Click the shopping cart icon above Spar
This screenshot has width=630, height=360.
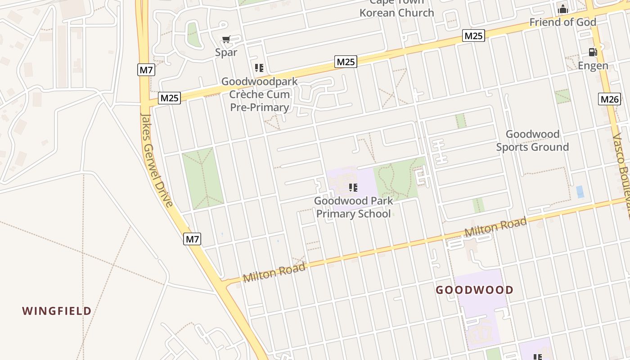(226, 40)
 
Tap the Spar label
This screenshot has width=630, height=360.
(226, 52)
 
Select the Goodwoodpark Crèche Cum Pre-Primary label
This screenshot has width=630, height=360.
(259, 94)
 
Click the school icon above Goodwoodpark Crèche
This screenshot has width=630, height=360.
(259, 68)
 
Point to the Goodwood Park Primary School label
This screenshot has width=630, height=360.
(353, 207)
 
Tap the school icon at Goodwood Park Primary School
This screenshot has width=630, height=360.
(353, 187)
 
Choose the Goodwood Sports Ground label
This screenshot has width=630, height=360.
(532, 140)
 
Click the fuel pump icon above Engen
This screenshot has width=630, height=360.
(593, 52)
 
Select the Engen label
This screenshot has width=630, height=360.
(593, 66)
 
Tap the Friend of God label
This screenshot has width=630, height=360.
(562, 22)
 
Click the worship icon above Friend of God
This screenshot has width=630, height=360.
(562, 9)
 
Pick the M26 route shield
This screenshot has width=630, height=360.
(609, 99)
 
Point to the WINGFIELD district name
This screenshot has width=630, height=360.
(57, 310)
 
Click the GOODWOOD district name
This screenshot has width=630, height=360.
(474, 290)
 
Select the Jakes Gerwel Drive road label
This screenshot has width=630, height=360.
(156, 160)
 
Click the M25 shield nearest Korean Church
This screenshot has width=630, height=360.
(473, 36)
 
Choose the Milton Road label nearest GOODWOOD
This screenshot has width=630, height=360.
(495, 227)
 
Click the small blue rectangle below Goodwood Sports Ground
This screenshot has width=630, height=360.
(580, 192)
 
